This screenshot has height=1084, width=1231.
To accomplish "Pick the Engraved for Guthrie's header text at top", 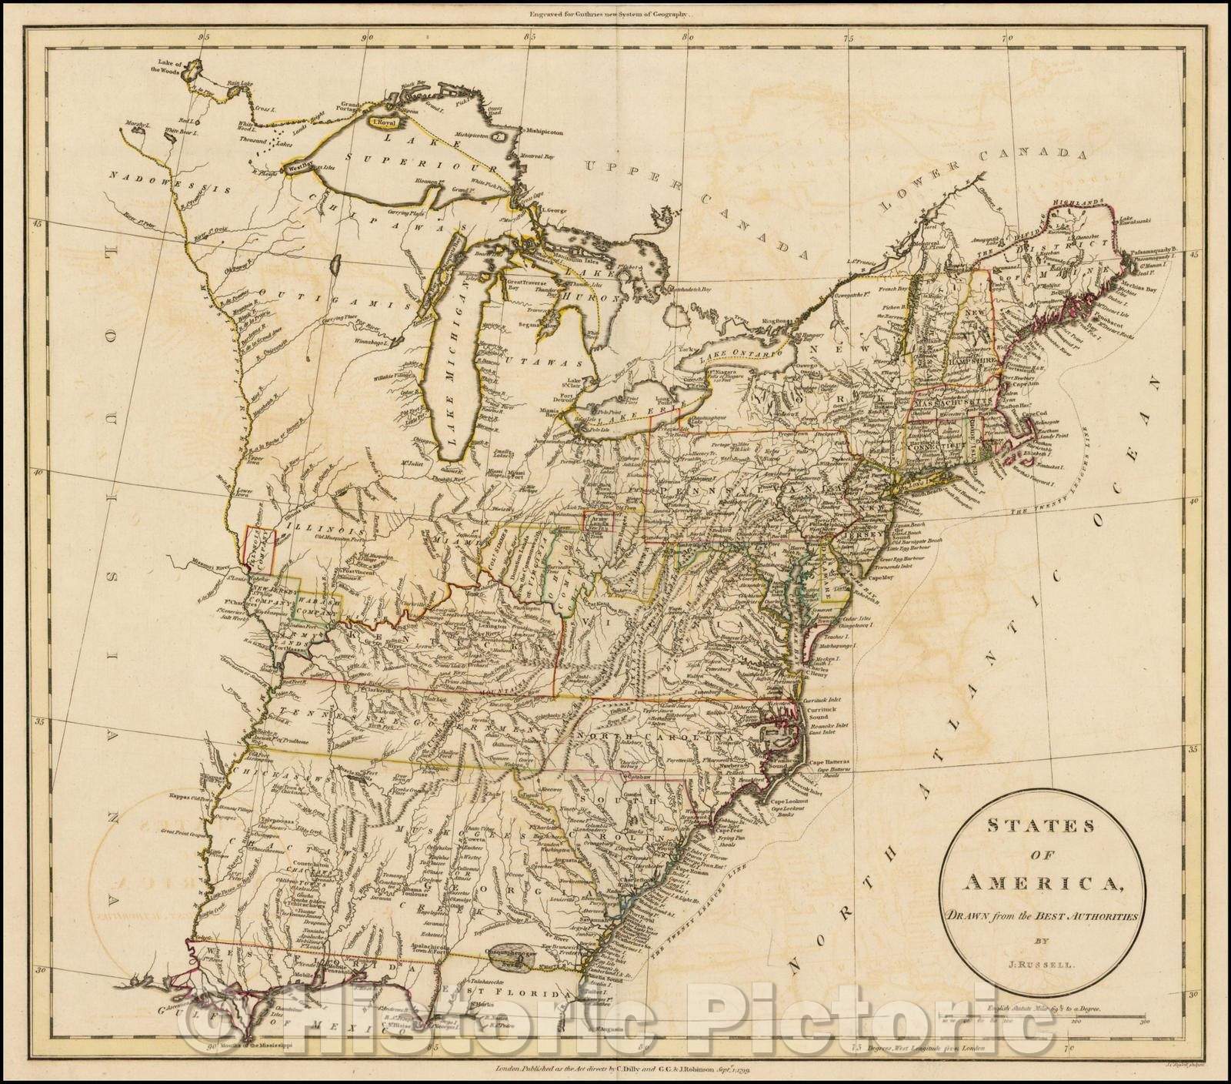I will (x=615, y=12).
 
